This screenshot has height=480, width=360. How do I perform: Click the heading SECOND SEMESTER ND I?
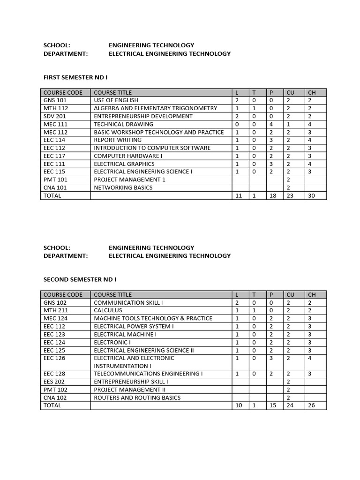click(80, 279)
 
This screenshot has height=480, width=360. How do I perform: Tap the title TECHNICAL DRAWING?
click(123, 124)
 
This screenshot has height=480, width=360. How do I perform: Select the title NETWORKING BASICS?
click(123, 187)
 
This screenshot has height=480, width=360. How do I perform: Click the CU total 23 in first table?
click(290, 195)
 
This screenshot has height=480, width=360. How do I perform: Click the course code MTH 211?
click(55, 310)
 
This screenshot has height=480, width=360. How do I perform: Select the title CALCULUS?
click(108, 310)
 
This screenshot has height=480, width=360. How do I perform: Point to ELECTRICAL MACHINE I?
click(125, 334)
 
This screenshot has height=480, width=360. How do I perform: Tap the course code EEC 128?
click(54, 374)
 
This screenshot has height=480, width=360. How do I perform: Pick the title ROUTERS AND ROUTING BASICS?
click(137, 397)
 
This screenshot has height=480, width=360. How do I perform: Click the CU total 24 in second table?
click(290, 405)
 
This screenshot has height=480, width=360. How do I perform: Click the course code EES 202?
click(54, 382)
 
